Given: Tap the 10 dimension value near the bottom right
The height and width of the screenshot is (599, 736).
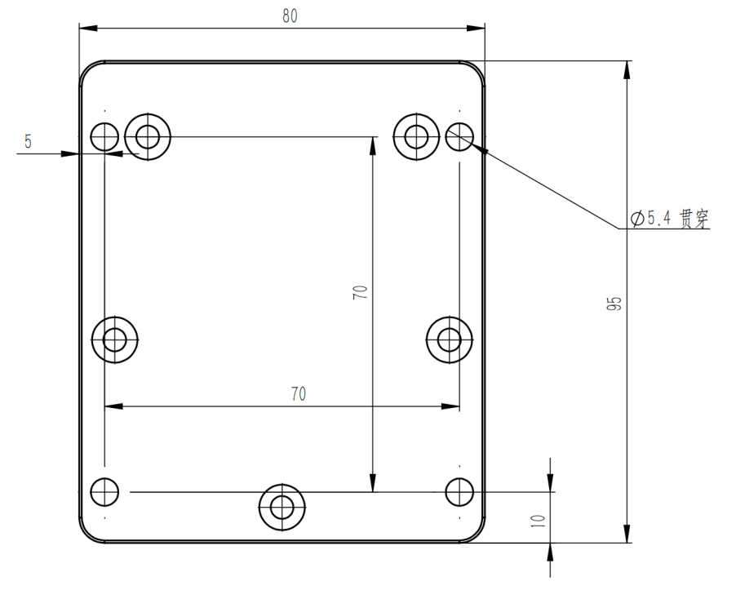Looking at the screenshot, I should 538,520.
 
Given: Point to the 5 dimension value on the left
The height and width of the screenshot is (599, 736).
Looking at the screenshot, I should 28,141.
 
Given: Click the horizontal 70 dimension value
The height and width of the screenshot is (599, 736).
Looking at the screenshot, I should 299,394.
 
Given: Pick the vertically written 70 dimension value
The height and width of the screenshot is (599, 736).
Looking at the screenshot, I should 360,293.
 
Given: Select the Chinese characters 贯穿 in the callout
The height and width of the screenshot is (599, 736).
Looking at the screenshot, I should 694,218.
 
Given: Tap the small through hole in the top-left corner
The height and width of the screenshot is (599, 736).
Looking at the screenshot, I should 104,136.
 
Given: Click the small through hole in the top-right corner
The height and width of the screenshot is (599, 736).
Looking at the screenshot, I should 460,136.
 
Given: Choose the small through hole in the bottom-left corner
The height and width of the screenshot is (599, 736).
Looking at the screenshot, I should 104,491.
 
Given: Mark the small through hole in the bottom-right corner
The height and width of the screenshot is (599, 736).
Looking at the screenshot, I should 460,491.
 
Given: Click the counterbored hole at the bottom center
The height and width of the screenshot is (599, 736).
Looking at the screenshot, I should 282,508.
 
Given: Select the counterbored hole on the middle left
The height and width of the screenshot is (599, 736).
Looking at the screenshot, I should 115,338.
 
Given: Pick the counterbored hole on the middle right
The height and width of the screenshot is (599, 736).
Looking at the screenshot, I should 450,338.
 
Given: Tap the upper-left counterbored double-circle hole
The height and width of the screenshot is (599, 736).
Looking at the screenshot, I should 148,136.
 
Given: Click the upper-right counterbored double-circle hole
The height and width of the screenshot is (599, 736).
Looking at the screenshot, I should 417,136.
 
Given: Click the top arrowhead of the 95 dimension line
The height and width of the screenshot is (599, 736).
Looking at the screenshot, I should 627,70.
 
